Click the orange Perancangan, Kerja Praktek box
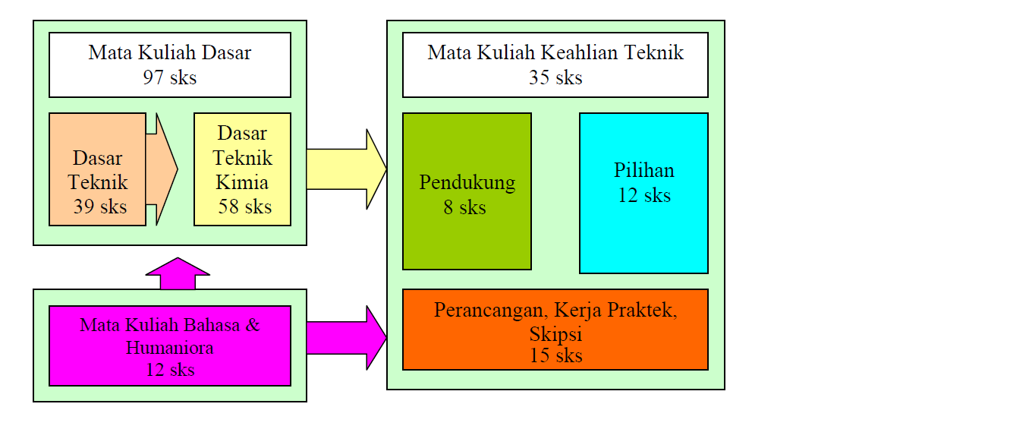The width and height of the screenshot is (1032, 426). pos(555,329)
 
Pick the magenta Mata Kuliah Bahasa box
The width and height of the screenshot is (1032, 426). pos(169,346)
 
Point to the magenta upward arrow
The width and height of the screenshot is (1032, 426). pos(178,274)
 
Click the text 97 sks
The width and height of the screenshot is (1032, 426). pos(169,77)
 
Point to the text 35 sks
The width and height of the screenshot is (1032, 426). pos(555,77)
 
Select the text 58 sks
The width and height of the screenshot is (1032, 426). pos(244,207)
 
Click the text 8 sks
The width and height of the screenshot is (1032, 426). pos(464,207)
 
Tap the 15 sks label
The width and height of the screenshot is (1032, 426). pos(555,355)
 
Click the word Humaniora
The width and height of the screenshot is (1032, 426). pos(169,348)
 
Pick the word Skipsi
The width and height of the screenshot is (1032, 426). pos(555,335)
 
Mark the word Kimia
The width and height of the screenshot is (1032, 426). pos(241,183)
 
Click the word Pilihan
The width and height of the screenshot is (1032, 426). pos(643,170)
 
